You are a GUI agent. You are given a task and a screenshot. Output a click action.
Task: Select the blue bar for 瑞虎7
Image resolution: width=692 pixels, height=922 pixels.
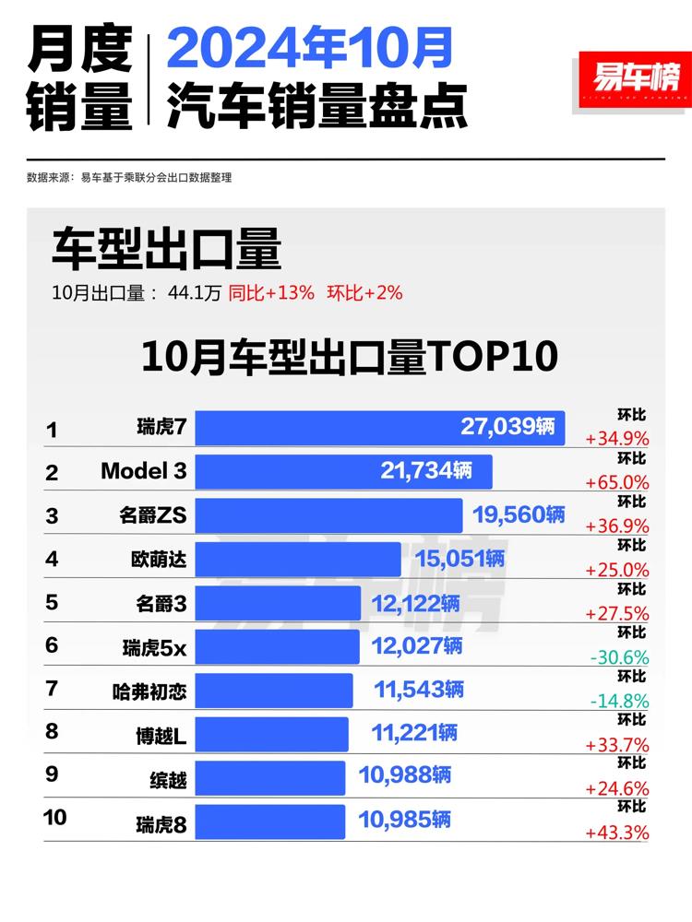379,429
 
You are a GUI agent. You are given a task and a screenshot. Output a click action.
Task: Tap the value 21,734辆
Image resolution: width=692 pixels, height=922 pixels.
426,471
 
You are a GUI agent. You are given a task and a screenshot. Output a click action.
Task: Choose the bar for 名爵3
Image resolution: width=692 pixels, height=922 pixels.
277,603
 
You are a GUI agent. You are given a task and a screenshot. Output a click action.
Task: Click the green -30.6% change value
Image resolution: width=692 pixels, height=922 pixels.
617,657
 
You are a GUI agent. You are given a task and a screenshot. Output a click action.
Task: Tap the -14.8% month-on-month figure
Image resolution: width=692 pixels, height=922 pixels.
617,701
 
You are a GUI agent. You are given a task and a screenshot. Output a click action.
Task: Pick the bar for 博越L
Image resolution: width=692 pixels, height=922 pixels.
271,734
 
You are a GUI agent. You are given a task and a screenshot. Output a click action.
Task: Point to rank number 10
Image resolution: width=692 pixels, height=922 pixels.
55,817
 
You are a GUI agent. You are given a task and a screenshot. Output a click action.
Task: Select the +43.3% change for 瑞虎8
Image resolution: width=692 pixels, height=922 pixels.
617,832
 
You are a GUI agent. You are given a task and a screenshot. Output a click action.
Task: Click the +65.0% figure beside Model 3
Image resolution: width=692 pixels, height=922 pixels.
617,482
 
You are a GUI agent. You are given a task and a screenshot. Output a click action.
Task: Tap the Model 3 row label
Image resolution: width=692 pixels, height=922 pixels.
143,471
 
